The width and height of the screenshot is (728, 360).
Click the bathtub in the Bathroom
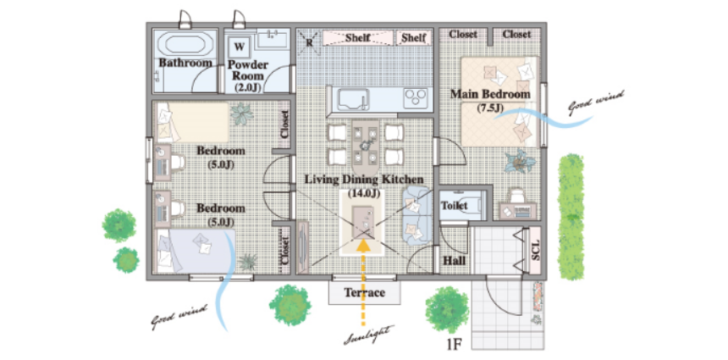coord(185,45)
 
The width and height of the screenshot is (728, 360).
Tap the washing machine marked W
coord(240,47)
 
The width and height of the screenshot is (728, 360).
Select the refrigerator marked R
coord(308,39)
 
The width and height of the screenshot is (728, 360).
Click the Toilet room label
coord(454,205)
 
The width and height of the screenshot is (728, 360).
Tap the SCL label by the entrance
coord(535,249)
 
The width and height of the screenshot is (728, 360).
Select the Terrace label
coord(365,293)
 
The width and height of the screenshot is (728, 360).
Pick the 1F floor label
coord(456,345)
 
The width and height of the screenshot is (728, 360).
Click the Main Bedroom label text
coord(490,94)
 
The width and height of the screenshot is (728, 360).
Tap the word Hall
coord(454,260)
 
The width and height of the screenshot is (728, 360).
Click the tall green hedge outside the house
coord(571,217)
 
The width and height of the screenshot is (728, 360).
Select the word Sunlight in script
coord(369,335)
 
